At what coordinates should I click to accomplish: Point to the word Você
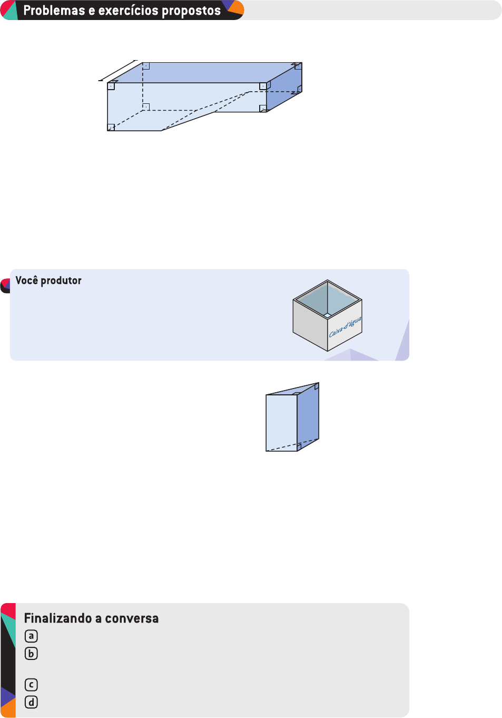pyautogui.click(x=27, y=280)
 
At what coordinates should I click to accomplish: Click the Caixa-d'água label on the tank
pyautogui.click(x=345, y=327)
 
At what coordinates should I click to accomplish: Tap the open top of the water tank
pyautogui.click(x=327, y=299)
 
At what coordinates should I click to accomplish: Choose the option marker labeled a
pyautogui.click(x=31, y=636)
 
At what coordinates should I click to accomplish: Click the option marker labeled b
pyautogui.click(x=31, y=654)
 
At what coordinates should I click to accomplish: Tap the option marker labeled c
pyautogui.click(x=31, y=685)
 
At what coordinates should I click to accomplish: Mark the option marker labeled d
pyautogui.click(x=31, y=702)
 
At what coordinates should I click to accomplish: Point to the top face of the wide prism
pyautogui.click(x=205, y=72)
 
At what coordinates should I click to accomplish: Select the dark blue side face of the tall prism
pyautogui.click(x=308, y=416)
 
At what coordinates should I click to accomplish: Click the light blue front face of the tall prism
pyautogui.click(x=281, y=422)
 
